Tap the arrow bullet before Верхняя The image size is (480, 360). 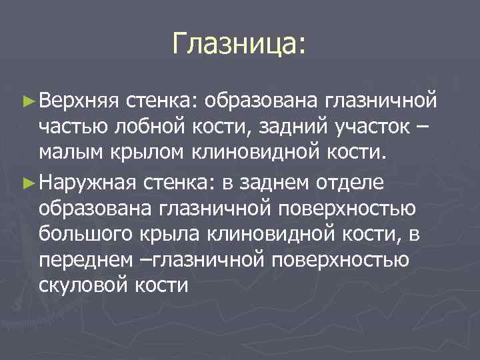click(x=27, y=101)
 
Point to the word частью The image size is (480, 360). click(x=73, y=127)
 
